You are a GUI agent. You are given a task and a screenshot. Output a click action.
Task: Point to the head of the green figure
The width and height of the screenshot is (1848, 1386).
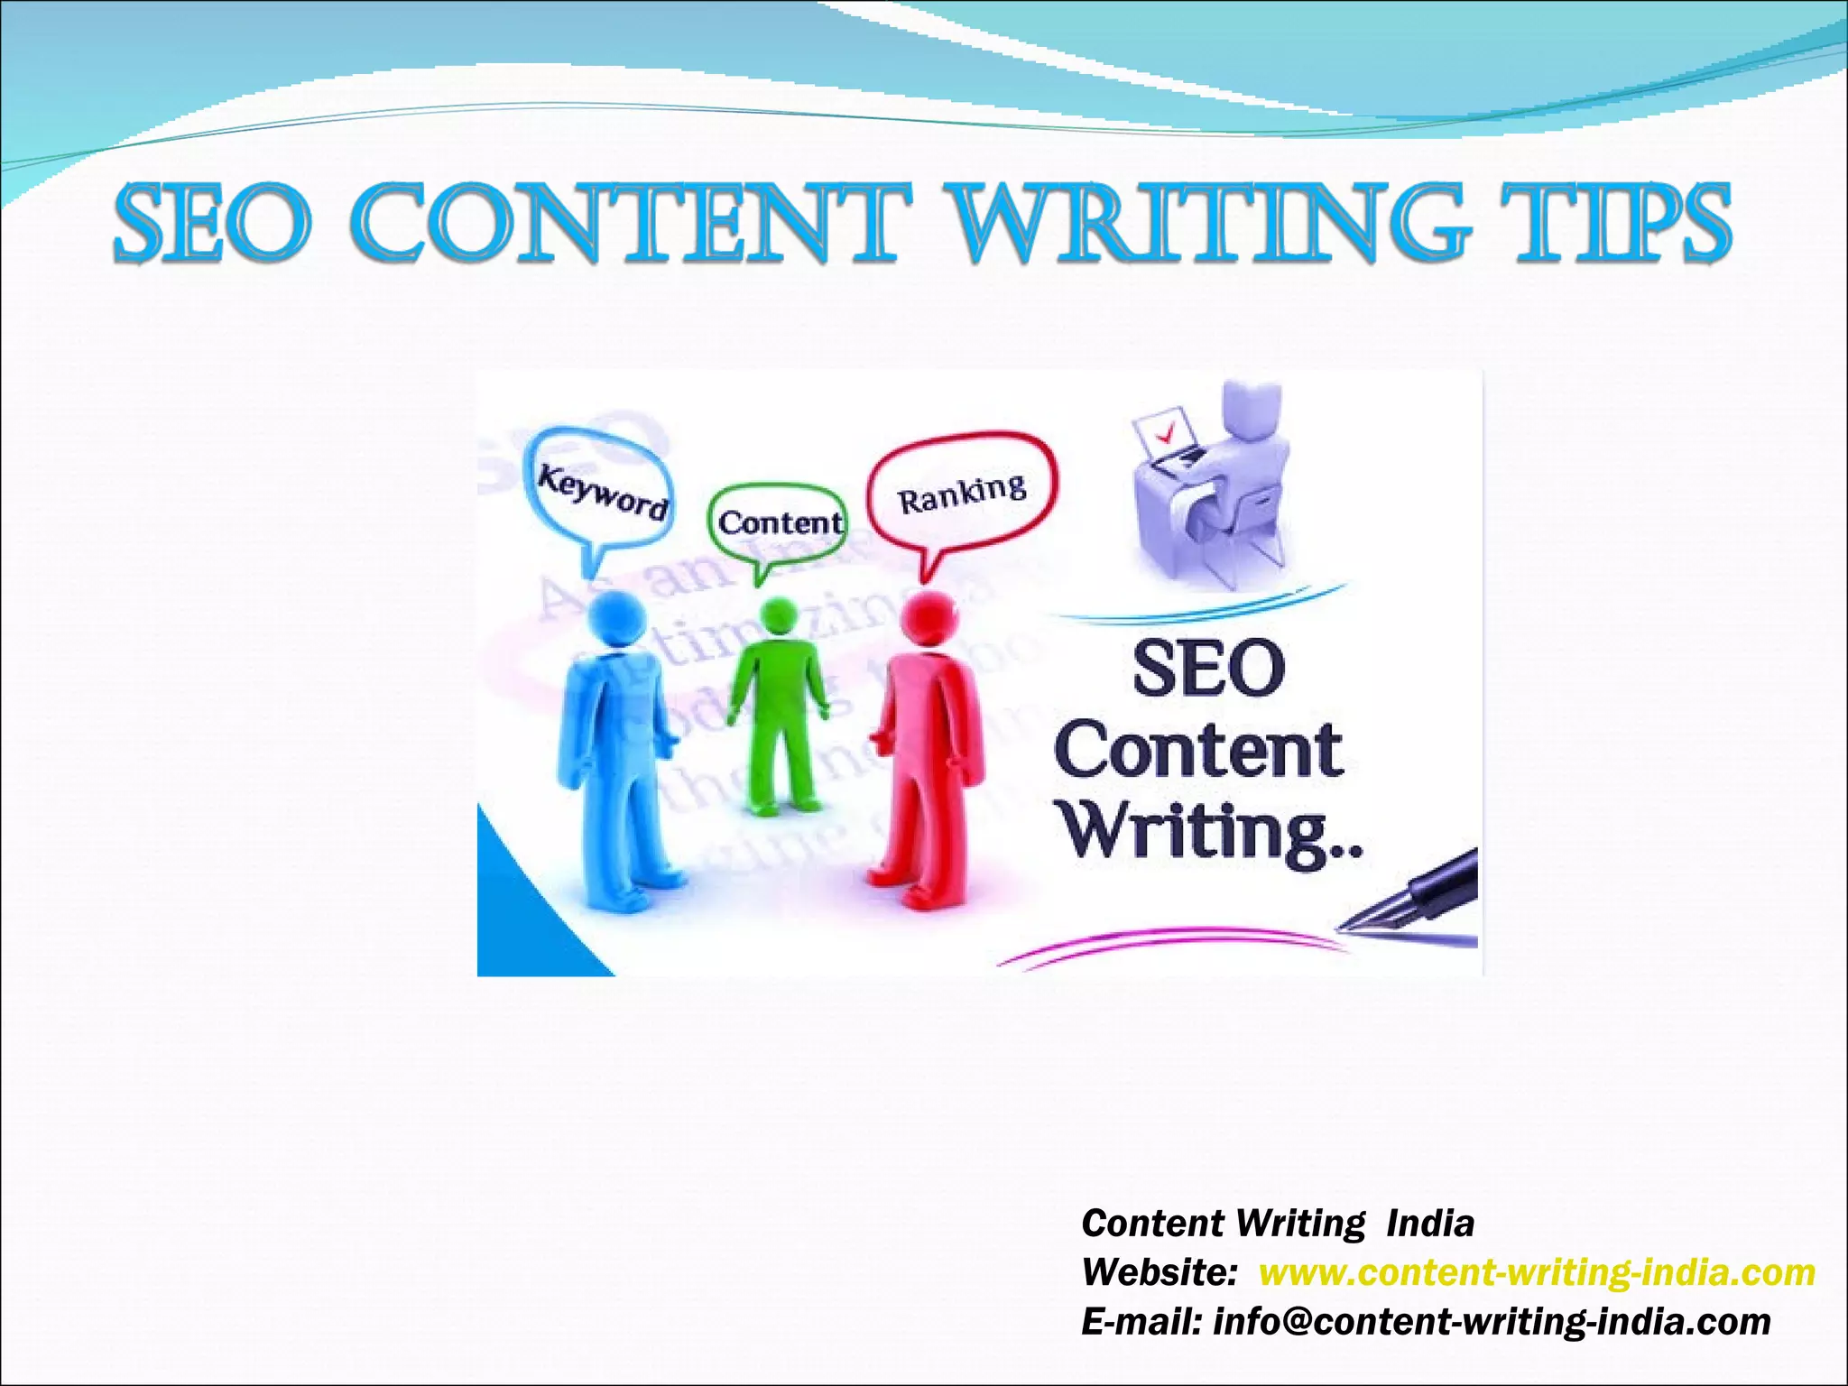click(778, 617)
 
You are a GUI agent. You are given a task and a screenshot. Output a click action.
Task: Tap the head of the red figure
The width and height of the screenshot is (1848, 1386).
click(929, 619)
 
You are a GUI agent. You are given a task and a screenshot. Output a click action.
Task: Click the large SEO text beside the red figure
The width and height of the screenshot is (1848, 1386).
click(1209, 670)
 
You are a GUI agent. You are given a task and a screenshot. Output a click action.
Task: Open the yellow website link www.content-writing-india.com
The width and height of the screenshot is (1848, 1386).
click(1536, 1272)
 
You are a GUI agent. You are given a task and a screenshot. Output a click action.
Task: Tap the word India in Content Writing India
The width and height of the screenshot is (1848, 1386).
click(1430, 1224)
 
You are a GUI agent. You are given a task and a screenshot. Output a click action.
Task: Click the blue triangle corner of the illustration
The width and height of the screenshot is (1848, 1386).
click(519, 929)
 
